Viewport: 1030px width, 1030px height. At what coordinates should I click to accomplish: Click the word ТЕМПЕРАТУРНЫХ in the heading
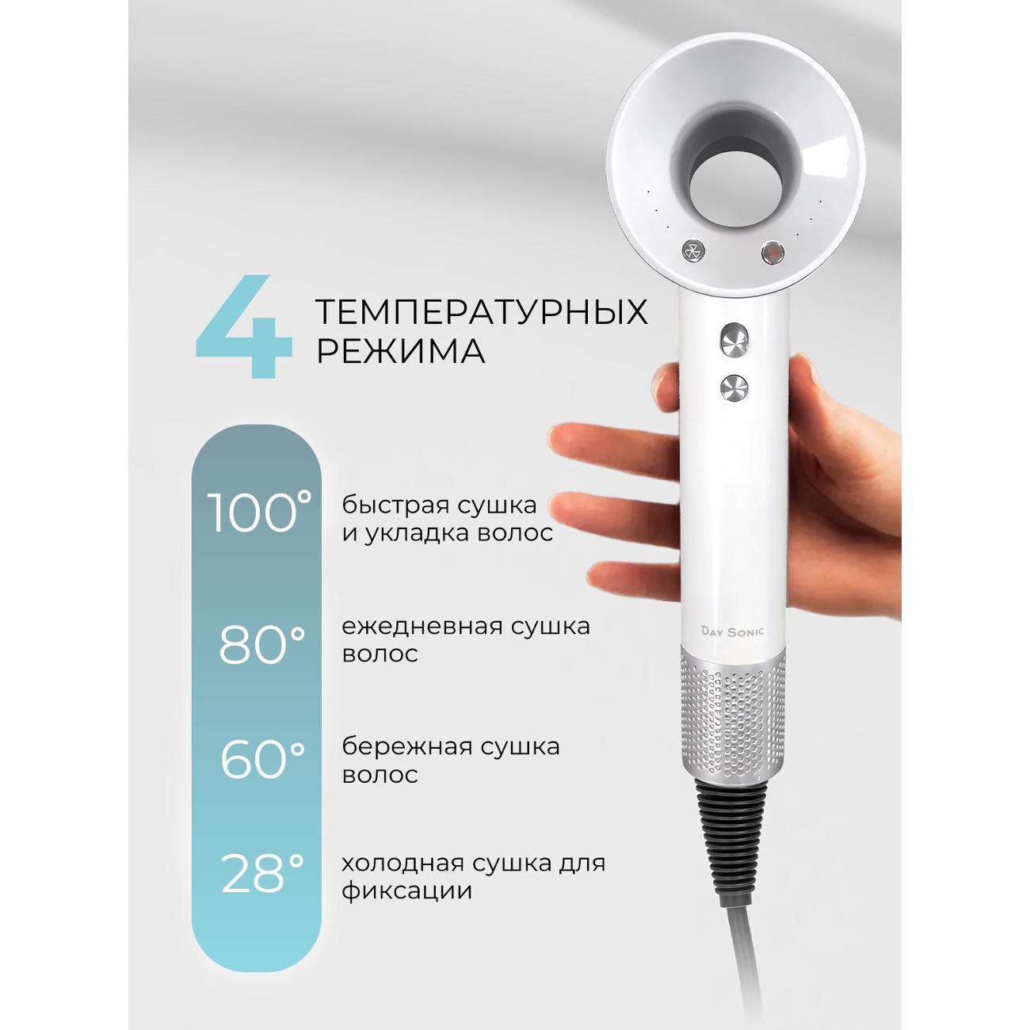coord(482,311)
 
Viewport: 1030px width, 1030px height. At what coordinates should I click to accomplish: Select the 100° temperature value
coord(259,512)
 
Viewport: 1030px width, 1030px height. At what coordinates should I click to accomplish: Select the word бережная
coord(403,746)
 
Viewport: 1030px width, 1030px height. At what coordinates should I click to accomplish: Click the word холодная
coord(403,864)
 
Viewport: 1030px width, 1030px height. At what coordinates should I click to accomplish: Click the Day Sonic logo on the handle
coord(732,631)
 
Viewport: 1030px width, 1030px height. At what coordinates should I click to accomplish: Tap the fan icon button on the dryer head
coord(694,250)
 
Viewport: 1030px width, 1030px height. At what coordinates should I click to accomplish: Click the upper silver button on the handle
coord(734,339)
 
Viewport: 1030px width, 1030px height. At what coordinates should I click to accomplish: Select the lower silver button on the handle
coord(734,387)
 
